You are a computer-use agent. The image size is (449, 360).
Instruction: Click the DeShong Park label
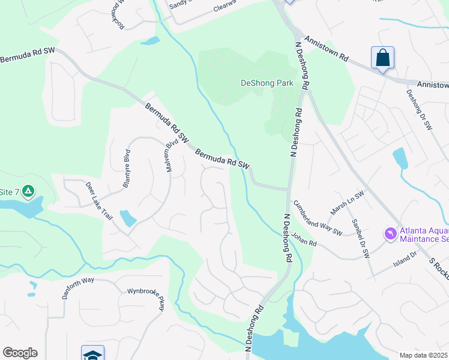pos(267,83)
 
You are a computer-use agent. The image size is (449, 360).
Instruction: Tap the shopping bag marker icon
pos(382,58)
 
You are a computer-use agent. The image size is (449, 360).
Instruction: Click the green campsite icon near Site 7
pos(28,192)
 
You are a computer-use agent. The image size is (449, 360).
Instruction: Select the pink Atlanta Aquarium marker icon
pos(391,233)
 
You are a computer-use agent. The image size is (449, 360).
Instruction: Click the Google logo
pos(20,353)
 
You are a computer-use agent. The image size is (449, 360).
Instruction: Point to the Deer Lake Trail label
pos(99,200)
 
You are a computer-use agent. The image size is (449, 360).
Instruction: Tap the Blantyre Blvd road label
pos(127,169)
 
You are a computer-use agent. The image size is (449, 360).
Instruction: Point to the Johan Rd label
pos(304,240)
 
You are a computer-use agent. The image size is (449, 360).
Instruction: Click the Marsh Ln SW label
pos(348,204)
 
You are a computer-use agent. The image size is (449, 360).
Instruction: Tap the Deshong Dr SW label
pos(420,110)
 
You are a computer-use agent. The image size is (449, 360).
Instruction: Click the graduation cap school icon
pos(93,354)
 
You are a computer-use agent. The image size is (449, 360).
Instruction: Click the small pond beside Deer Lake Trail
pos(128,218)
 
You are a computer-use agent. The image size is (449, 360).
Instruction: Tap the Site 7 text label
pos(9,192)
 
